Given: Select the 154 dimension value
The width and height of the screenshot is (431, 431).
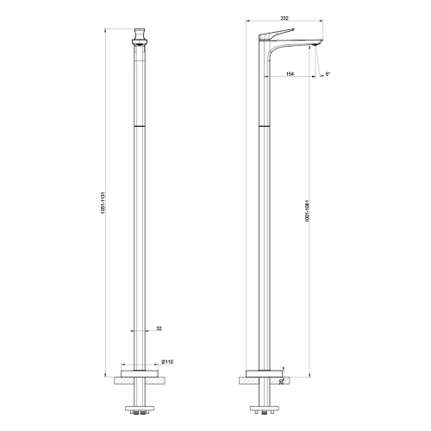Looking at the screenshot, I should click(291, 74).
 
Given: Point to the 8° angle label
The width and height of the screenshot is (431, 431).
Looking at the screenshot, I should click(327, 74).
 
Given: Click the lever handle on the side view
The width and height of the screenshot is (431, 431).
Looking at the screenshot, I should click(276, 35).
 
